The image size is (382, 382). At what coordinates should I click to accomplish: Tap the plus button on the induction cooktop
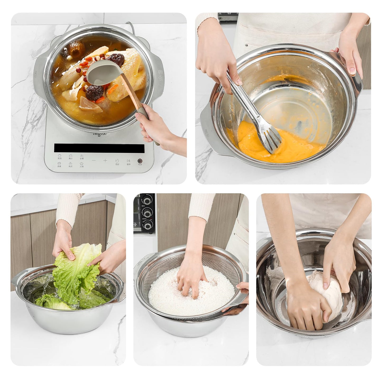(x=105, y=160)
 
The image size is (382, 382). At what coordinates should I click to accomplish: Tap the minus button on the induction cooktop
(x=94, y=160)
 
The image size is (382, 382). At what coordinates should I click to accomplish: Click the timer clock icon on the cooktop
(x=117, y=160)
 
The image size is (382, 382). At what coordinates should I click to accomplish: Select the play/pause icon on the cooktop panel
(x=128, y=160)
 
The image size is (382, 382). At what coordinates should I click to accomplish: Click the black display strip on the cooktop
(x=99, y=148)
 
